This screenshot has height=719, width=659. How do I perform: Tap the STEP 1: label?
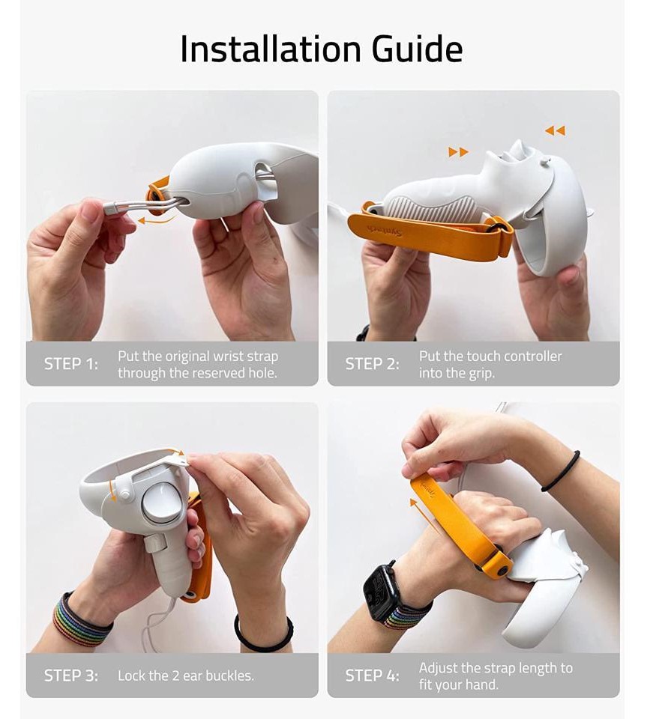click(71, 364)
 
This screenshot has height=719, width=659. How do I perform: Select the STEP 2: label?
click(372, 364)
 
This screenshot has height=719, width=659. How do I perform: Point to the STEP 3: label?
click(71, 676)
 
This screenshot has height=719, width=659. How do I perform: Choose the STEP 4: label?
click(372, 676)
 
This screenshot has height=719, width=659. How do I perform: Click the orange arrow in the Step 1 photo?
click(157, 219)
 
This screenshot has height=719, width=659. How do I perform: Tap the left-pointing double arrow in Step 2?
click(555, 130)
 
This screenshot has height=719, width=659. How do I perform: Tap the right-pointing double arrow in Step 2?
click(459, 152)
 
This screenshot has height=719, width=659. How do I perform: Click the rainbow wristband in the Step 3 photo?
click(81, 620)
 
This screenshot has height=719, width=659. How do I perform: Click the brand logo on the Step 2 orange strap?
click(385, 231)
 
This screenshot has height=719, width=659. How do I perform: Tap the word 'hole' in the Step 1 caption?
click(262, 373)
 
